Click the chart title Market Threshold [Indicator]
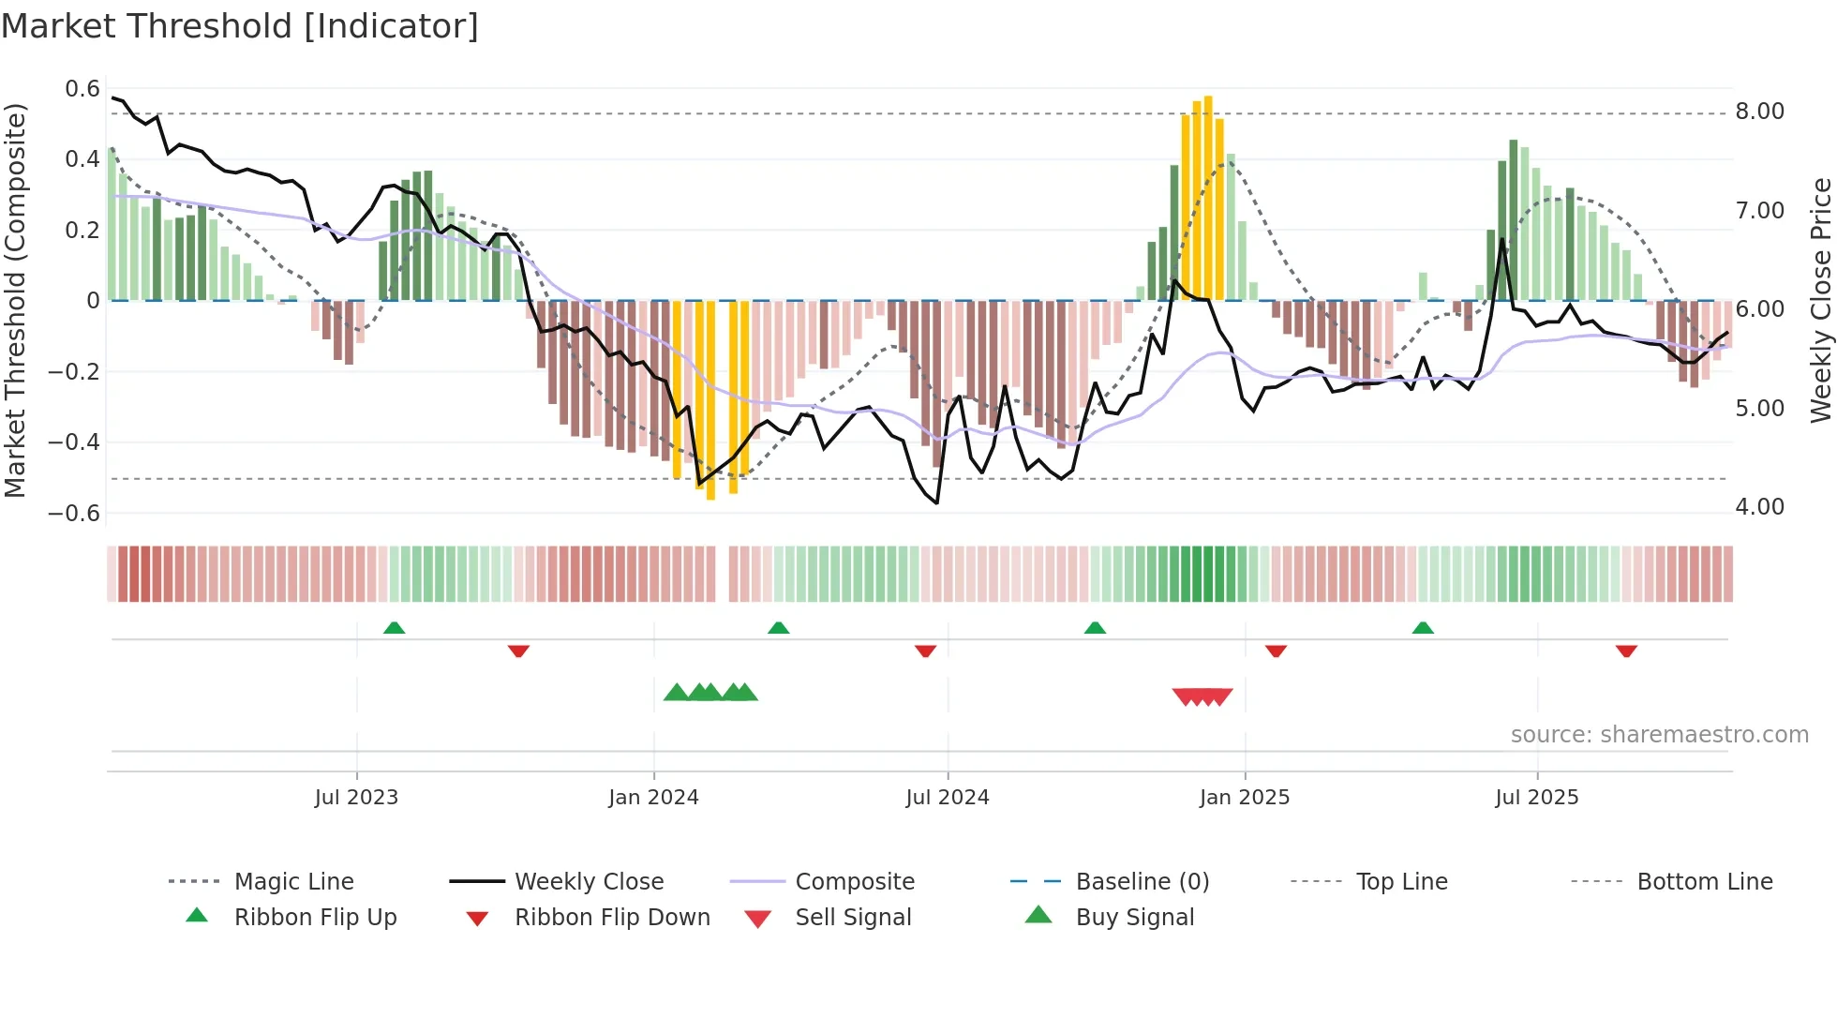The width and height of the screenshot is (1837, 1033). click(240, 26)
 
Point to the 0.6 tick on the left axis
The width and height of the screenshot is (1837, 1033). click(82, 89)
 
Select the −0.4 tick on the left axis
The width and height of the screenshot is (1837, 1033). click(74, 442)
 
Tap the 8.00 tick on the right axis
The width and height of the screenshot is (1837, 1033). click(1759, 112)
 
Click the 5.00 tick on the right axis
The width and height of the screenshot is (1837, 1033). click(1759, 409)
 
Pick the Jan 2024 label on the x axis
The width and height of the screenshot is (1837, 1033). click(653, 798)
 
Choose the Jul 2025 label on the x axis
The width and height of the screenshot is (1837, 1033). click(1536, 798)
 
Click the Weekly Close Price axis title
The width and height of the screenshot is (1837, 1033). click(1820, 300)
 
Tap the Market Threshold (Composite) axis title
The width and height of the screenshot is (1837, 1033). click(15, 300)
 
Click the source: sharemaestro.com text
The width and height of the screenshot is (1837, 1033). click(1659, 735)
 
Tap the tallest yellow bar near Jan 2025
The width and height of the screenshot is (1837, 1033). click(1208, 197)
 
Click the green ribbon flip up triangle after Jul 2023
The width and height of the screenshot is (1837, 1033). click(394, 628)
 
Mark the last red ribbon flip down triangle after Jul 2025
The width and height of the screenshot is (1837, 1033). click(1626, 651)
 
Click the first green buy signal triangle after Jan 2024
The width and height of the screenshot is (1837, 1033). click(676, 693)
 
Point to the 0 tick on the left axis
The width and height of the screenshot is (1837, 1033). click(93, 301)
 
